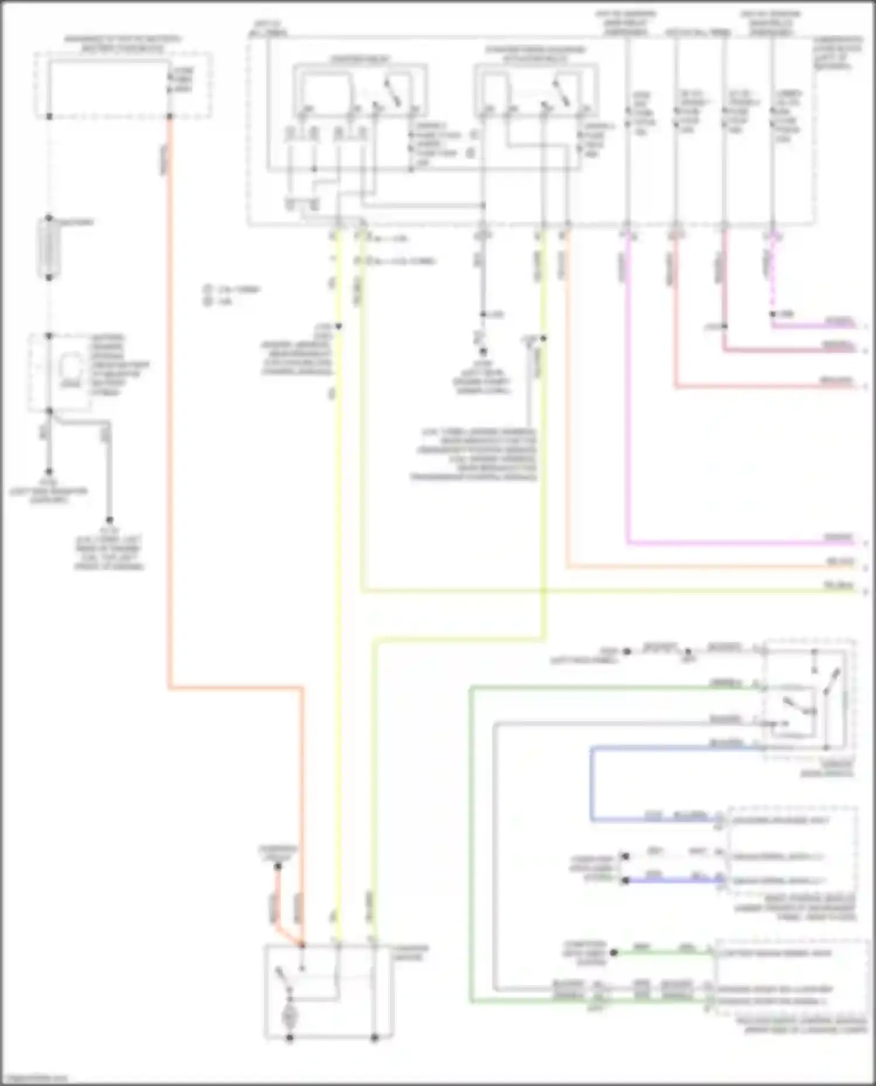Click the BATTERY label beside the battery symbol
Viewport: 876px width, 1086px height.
[x=78, y=222]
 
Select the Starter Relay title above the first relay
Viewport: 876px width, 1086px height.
[x=360, y=60]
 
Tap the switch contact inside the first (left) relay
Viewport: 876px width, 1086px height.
[x=391, y=93]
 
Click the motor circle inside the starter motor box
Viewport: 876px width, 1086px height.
[x=289, y=1017]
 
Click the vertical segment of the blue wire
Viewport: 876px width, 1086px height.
[x=591, y=784]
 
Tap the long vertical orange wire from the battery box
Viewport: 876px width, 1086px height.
[x=169, y=408]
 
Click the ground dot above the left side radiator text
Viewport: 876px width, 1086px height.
[x=49, y=472]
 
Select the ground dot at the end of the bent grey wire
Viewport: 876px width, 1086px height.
[x=109, y=519]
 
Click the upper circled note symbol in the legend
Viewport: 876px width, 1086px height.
[x=208, y=289]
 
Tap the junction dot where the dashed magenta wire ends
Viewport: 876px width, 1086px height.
[x=772, y=315]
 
